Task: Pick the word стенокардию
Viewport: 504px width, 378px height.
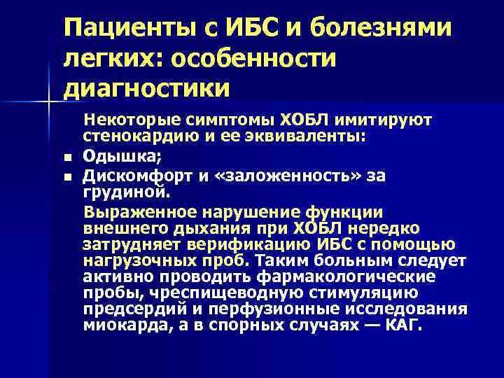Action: point(129,137)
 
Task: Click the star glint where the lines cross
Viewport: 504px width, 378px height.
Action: point(48,103)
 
